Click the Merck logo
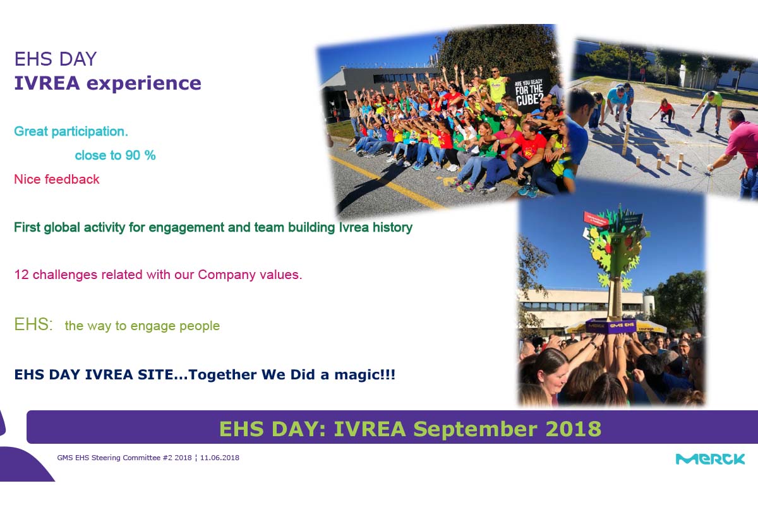(710, 459)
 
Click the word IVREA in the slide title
(47, 83)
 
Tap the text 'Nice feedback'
(57, 179)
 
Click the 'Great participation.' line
(71, 131)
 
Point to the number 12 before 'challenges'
(21, 275)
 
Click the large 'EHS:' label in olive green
(33, 324)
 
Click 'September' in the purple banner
(476, 429)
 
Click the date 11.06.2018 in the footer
(220, 458)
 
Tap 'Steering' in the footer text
(106, 458)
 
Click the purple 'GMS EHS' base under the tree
(611, 326)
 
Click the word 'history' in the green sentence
(392, 228)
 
